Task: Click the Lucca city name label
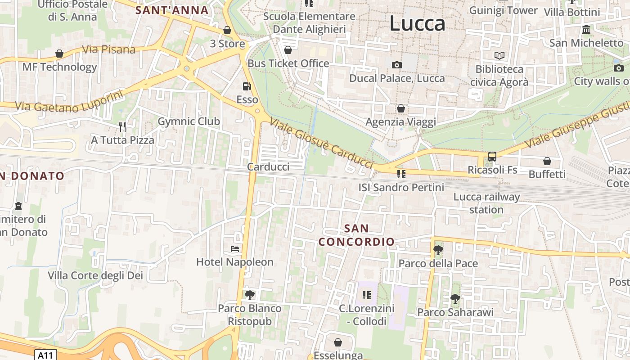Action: tap(417, 23)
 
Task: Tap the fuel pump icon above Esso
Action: tap(247, 86)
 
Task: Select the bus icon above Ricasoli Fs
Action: tap(492, 157)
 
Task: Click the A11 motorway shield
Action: tap(45, 355)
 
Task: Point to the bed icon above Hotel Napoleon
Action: tap(234, 248)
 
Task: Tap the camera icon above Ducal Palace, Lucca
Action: tap(396, 65)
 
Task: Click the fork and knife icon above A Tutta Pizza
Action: tap(122, 126)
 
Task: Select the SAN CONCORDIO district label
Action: tap(356, 235)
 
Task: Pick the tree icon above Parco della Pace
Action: tap(438, 250)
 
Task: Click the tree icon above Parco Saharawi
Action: tap(455, 298)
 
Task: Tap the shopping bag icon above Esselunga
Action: tap(338, 342)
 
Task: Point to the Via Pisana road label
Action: tap(109, 49)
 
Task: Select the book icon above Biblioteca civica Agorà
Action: tap(499, 56)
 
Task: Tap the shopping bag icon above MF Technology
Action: tap(59, 54)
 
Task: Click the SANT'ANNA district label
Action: tap(172, 10)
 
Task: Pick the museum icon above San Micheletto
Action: tap(586, 30)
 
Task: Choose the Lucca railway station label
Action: tap(486, 203)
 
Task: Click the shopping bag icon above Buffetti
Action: tap(547, 161)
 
